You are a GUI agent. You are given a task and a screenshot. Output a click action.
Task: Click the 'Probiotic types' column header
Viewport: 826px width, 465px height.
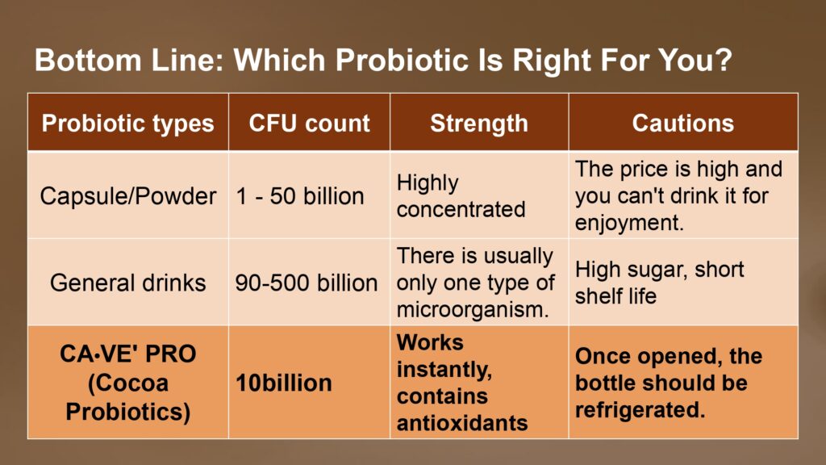128,124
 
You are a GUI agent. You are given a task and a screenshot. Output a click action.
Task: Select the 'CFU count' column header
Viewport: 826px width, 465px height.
309,124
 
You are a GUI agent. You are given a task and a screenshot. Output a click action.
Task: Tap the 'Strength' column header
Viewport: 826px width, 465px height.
479,124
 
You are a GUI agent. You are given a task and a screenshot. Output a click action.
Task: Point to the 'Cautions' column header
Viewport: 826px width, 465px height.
683,124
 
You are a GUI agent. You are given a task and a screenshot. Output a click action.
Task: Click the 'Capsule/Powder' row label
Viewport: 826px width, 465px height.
128,196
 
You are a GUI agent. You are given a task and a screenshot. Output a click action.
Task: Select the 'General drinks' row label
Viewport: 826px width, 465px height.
128,283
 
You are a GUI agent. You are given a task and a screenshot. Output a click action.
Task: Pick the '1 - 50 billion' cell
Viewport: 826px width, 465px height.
300,196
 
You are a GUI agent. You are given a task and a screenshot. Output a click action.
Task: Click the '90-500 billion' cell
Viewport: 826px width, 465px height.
306,283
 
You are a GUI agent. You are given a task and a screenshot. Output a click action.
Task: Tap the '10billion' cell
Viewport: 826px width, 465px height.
284,383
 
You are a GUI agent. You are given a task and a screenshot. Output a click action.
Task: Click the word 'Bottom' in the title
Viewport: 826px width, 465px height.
88,60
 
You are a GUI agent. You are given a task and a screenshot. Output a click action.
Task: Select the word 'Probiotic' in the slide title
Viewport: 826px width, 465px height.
402,60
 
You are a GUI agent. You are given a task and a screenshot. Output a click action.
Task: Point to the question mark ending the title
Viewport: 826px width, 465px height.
724,60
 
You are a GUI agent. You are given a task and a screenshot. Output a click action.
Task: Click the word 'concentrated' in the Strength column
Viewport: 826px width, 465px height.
461,210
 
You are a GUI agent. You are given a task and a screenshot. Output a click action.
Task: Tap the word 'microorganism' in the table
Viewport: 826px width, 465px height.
470,309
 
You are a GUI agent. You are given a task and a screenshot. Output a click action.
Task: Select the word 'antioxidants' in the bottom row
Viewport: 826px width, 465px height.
462,423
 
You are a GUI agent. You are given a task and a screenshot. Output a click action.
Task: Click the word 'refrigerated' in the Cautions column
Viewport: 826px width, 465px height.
637,410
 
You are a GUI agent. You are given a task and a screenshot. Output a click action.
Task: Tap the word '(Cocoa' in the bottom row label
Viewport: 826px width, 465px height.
128,383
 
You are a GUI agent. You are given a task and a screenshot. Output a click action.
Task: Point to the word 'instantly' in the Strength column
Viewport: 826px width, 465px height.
444,370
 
